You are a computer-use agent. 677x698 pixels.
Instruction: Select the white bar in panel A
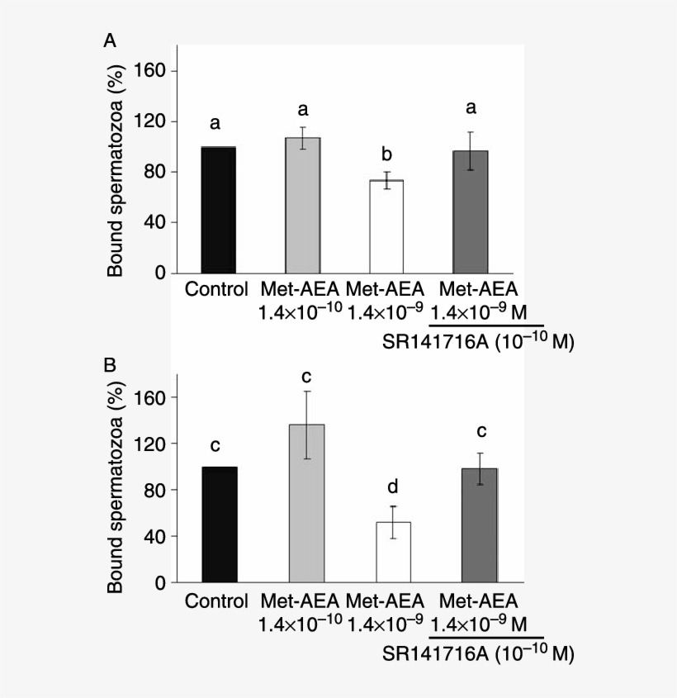point(386,226)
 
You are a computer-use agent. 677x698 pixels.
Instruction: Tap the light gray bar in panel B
point(306,504)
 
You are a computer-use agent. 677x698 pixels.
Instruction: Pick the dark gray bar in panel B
point(479,525)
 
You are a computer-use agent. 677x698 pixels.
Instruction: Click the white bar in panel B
point(393,552)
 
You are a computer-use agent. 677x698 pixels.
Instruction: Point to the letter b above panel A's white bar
point(386,154)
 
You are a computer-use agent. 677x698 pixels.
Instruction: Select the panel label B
point(110,364)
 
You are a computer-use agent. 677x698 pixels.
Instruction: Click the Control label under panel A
point(217,289)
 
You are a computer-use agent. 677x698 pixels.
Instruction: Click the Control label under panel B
point(217,601)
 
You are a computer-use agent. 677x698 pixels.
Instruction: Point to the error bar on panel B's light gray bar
point(307,425)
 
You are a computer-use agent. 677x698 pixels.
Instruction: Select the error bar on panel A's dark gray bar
point(471,150)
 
